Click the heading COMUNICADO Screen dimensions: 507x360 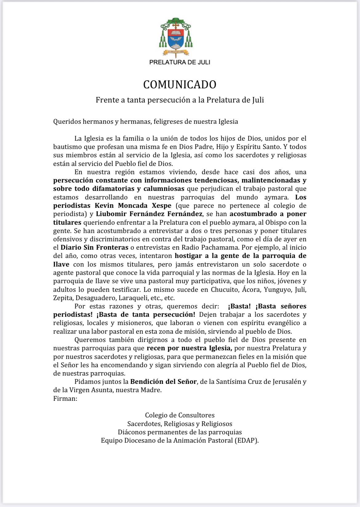[180, 84]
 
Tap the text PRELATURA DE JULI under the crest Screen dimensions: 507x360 [180, 62]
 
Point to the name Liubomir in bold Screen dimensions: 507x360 [110, 214]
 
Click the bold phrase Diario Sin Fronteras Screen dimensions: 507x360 [94, 247]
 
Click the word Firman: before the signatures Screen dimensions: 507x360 [65, 398]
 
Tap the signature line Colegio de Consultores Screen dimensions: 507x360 [180, 415]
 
